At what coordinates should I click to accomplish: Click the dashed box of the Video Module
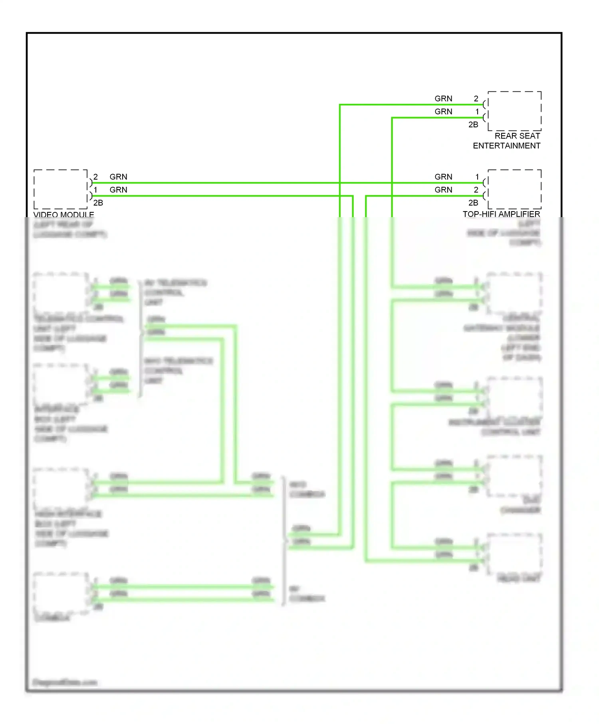[x=61, y=189]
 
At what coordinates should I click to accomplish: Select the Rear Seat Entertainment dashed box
[x=514, y=111]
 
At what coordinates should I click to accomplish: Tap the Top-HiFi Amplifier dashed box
[x=514, y=189]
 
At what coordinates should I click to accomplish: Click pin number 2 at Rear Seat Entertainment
[x=476, y=99]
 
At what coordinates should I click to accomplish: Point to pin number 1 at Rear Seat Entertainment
[x=477, y=112]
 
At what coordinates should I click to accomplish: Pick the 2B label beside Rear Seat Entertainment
[x=473, y=125]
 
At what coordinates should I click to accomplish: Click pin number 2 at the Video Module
[x=95, y=177]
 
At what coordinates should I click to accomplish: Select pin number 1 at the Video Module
[x=95, y=190]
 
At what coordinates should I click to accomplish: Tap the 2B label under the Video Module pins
[x=98, y=203]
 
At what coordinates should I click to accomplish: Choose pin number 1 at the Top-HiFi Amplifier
[x=477, y=177]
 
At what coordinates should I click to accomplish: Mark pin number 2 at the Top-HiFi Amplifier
[x=476, y=190]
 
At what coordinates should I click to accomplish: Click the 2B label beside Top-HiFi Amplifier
[x=473, y=203]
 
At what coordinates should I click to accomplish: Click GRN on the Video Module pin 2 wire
[x=119, y=177]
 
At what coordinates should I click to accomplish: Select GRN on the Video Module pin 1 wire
[x=119, y=190]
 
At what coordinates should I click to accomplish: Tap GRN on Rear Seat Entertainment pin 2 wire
[x=443, y=99]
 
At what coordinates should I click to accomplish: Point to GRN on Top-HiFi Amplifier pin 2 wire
[x=443, y=190]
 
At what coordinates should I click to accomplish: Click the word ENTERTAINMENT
[x=506, y=146]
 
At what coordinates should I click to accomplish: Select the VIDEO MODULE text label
[x=64, y=214]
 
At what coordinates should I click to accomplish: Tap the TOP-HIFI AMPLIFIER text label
[x=501, y=214]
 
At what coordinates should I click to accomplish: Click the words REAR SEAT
[x=517, y=136]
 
